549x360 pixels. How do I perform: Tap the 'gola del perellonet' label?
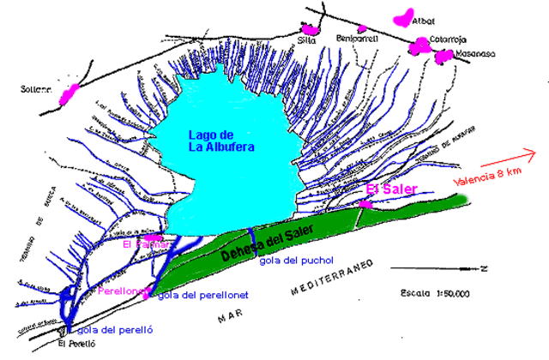pos(203,295)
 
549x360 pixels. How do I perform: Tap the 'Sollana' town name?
pos(38,88)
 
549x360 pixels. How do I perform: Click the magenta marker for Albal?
pos(401,17)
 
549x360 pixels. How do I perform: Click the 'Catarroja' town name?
pos(429,38)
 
